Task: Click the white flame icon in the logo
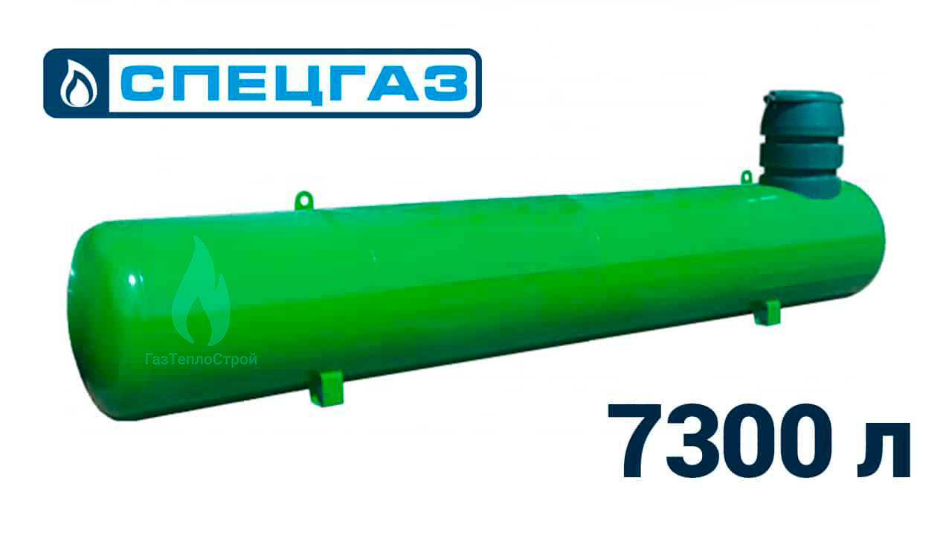coord(78,83)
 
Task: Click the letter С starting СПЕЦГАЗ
coord(143,83)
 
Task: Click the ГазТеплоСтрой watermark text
coord(202,360)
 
